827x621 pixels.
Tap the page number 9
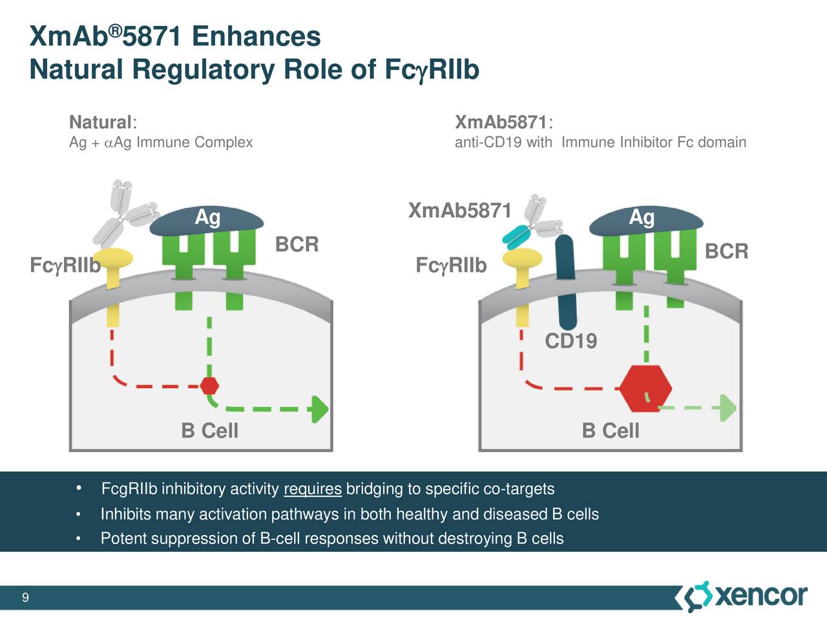click(25, 597)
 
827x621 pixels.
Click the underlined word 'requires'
click(312, 489)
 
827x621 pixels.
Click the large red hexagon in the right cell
click(645, 389)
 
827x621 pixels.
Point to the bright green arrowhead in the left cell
click(319, 409)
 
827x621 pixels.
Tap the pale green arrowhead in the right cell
click(728, 408)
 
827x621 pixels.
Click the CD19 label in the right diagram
click(571, 341)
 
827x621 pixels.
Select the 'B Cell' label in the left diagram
click(209, 430)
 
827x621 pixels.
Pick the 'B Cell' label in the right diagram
click(611, 430)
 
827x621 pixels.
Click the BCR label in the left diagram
click(297, 245)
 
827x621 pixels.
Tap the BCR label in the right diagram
click(726, 251)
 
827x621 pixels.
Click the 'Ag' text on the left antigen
click(207, 217)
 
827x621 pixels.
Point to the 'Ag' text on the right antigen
click(642, 217)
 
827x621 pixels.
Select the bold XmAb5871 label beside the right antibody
click(459, 210)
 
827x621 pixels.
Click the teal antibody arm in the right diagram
click(516, 236)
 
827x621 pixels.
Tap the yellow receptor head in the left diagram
click(114, 259)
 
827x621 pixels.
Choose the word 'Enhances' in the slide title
click(256, 36)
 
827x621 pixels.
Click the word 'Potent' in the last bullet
click(121, 539)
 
